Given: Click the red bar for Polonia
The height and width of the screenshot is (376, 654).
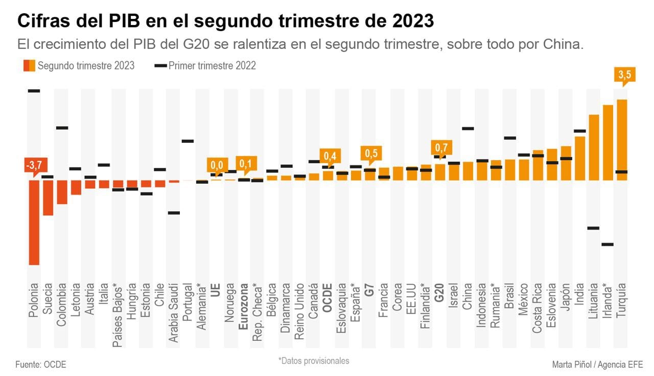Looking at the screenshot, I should (34, 222).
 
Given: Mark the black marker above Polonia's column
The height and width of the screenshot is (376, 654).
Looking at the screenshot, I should (34, 91).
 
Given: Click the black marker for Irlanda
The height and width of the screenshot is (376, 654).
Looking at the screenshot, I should (607, 244).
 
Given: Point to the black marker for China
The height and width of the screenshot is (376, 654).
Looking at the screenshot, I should (468, 129).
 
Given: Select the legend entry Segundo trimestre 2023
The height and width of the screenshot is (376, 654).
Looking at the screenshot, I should (79, 65).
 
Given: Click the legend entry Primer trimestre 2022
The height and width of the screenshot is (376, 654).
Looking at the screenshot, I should (205, 65).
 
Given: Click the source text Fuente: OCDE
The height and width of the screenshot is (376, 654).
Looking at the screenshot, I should (41, 364).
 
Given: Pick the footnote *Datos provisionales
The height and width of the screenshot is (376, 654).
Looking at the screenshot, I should (314, 361).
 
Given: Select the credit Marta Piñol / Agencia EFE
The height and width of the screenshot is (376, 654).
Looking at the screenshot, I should (597, 364).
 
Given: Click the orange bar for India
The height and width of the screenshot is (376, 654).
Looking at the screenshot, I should (579, 158).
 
